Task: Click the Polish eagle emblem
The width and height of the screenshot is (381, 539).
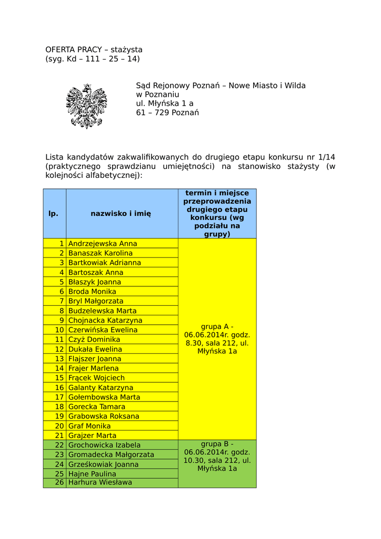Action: click(x=86, y=106)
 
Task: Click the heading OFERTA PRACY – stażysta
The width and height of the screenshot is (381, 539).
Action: click(x=94, y=49)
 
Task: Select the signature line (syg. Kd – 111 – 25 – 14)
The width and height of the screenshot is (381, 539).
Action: click(x=93, y=58)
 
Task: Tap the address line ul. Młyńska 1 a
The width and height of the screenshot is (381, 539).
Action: click(x=164, y=103)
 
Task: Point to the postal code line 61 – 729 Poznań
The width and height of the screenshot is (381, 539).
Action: click(x=167, y=113)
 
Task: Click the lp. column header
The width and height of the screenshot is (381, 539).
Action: click(x=54, y=214)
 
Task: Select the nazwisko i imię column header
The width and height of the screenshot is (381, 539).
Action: click(x=121, y=214)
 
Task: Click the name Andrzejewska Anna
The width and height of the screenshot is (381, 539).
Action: click(x=103, y=244)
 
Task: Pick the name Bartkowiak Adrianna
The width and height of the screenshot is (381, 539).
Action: click(x=105, y=263)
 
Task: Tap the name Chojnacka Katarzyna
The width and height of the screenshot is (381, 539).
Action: click(x=105, y=320)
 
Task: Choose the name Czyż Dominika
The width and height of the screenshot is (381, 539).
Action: click(x=94, y=340)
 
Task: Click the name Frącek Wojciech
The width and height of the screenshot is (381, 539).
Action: click(x=97, y=378)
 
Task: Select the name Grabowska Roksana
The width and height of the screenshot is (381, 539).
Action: click(x=104, y=416)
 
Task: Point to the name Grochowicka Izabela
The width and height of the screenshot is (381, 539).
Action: click(x=105, y=445)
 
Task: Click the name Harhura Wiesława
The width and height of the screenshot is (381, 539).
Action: click(x=101, y=482)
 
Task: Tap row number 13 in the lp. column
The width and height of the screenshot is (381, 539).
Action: click(x=59, y=359)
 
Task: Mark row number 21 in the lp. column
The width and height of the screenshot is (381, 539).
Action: click(x=59, y=435)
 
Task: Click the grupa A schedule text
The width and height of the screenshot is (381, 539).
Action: click(x=217, y=339)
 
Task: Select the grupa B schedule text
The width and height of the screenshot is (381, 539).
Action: click(x=217, y=456)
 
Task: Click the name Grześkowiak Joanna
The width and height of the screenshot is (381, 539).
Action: click(x=104, y=464)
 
